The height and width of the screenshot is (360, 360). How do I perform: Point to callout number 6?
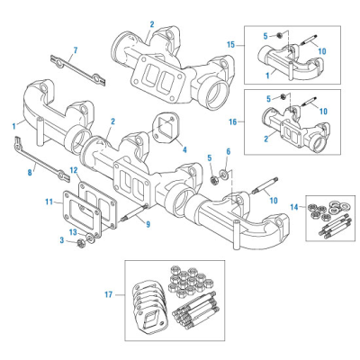coord(227,151)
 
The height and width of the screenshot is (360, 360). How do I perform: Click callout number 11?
coord(49,205)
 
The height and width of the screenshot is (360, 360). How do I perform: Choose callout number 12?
coord(75,170)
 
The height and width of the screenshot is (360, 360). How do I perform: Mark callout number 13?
coord(75,233)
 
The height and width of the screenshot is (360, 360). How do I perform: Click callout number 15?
coord(231,43)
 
